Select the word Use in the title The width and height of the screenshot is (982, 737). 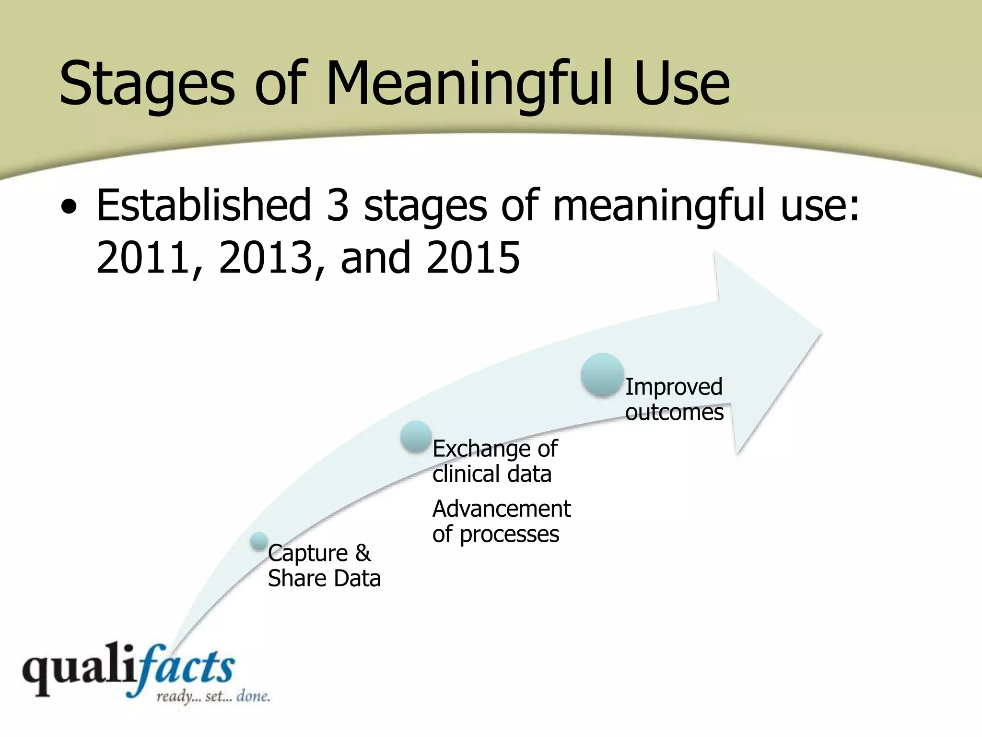[x=681, y=84]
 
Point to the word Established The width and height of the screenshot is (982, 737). [x=204, y=205]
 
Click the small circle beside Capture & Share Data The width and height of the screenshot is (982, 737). [x=259, y=541]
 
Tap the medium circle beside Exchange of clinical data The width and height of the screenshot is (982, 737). [x=416, y=437]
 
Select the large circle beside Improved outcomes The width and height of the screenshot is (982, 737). [x=602, y=375]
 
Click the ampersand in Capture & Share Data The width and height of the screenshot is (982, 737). [x=363, y=553]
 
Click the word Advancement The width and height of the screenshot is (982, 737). [x=502, y=509]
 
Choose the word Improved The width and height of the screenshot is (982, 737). [x=674, y=387]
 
